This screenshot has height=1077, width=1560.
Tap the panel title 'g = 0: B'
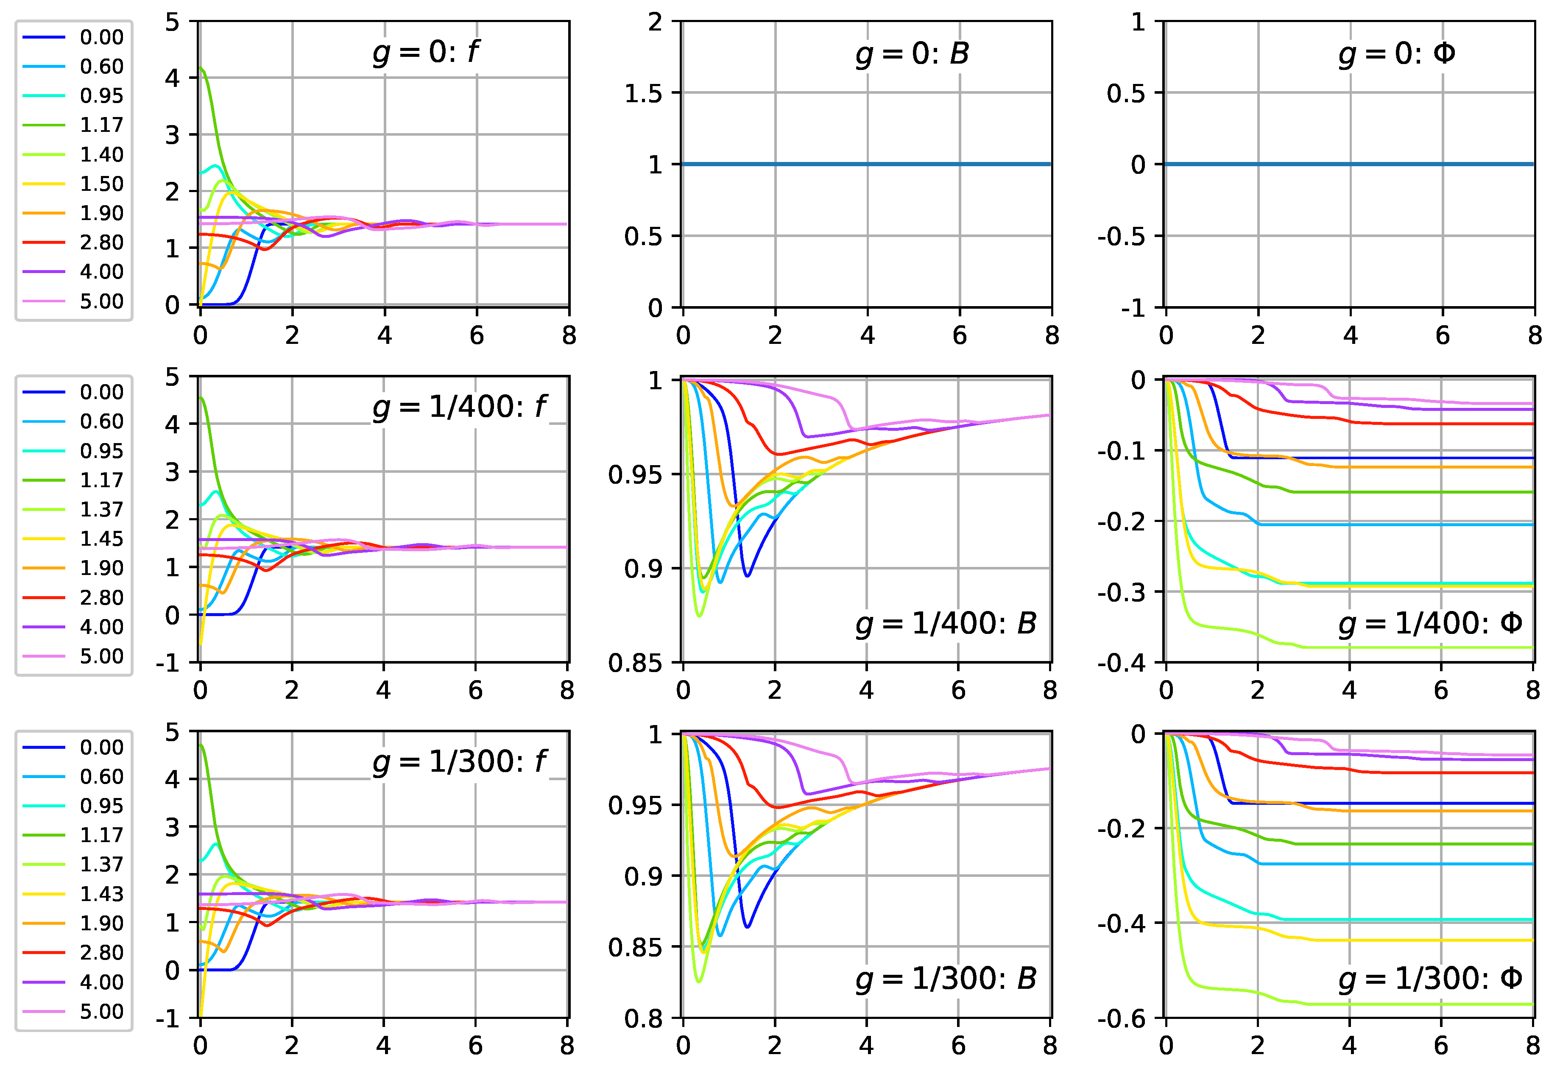[x=912, y=53]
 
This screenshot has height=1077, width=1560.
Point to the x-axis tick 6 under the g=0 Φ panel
[x=1443, y=335]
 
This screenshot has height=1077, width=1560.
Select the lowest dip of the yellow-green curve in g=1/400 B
[x=699, y=615]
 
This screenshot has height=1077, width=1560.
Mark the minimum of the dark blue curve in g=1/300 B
[x=747, y=926]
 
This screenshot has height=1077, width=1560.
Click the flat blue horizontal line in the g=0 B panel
[x=867, y=164]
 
